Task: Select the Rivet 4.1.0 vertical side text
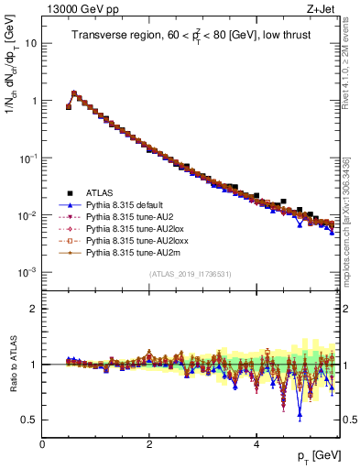pyautogui.click(x=352, y=64)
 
